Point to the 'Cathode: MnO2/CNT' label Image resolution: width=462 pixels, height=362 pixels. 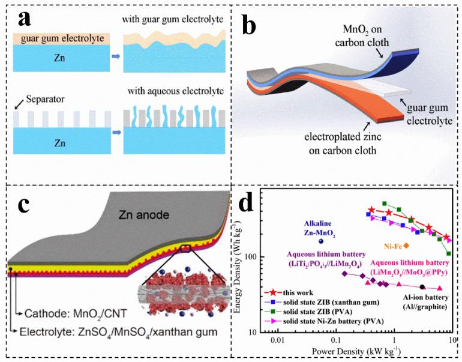point(72,313)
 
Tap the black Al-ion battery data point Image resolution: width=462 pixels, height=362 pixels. point(422,287)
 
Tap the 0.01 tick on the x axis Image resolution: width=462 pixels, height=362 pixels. point(277,341)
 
